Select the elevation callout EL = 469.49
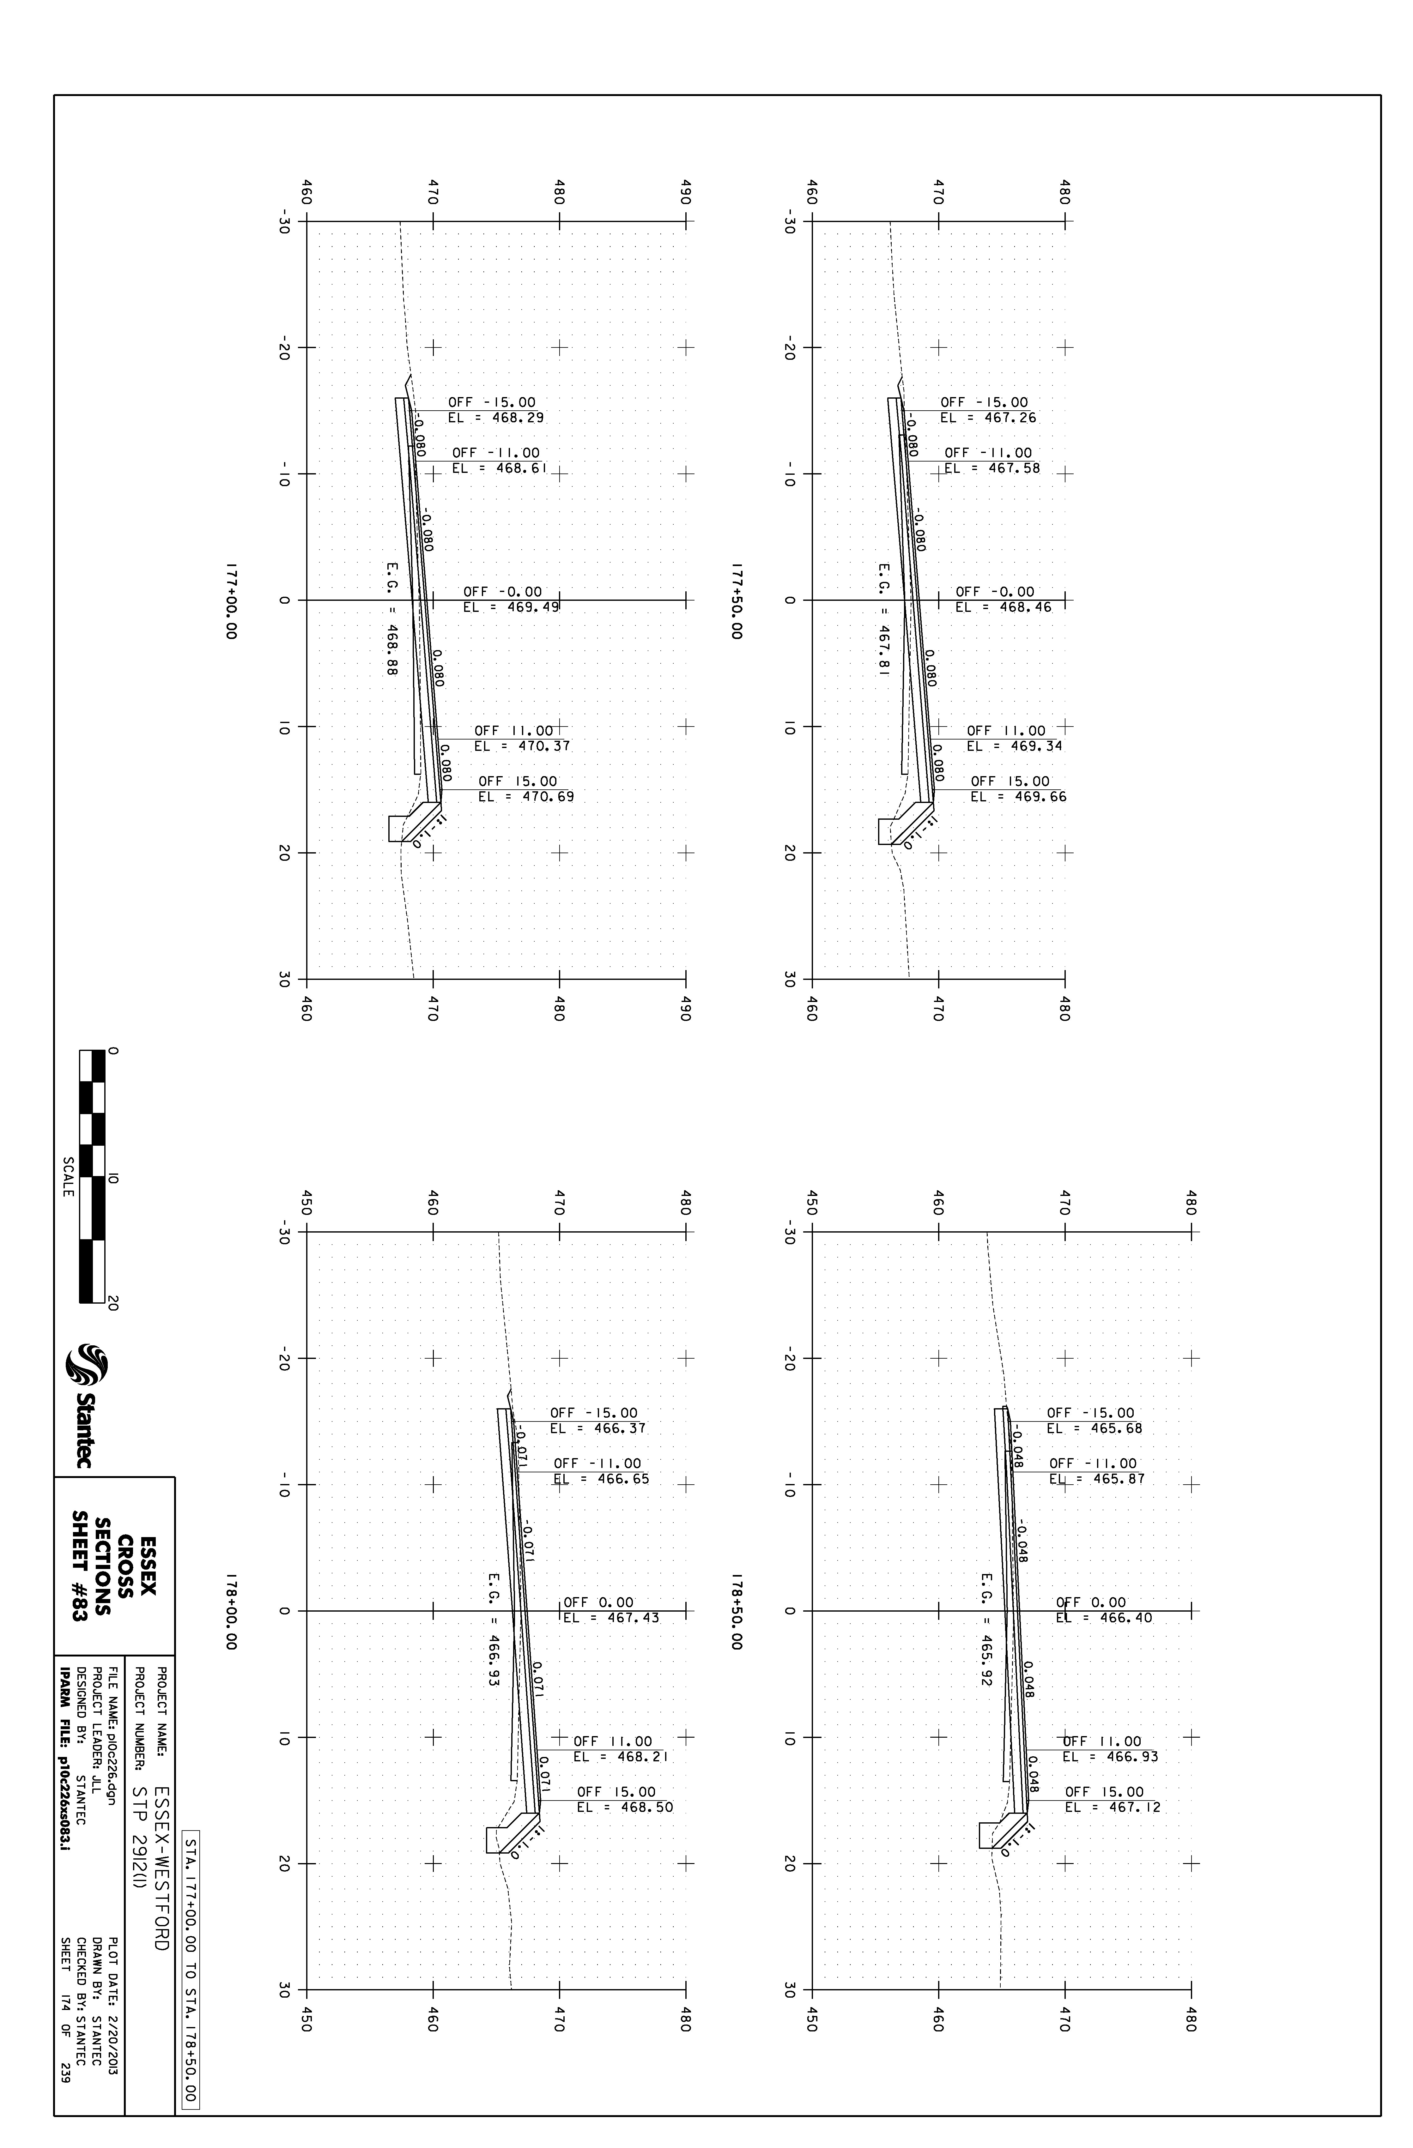[511, 607]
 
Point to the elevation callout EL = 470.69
[526, 797]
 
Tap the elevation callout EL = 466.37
[598, 1429]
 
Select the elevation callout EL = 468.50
[625, 1808]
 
